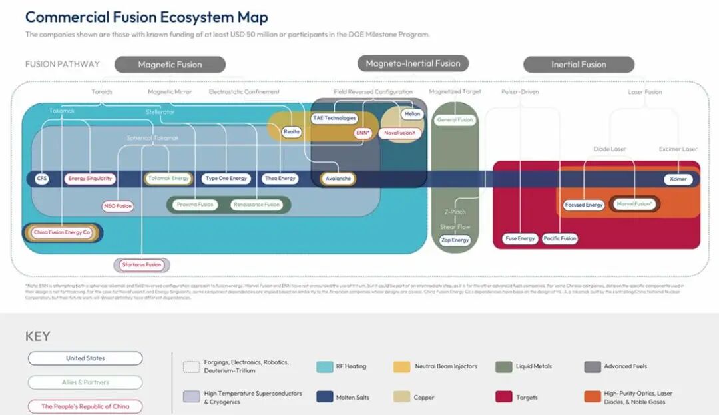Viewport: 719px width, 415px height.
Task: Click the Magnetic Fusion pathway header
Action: [x=170, y=65]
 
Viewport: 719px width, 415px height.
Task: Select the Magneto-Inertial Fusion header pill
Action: [x=413, y=63]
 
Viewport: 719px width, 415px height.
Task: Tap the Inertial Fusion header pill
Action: [x=579, y=65]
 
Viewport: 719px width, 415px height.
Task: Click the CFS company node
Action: [x=42, y=179]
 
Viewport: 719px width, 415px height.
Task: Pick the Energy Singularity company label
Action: [x=91, y=179]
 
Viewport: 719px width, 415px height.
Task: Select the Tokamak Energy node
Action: [x=168, y=179]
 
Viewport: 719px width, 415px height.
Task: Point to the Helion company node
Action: [x=413, y=115]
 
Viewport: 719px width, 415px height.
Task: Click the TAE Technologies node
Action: [x=334, y=118]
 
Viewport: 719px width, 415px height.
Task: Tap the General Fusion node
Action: [x=455, y=120]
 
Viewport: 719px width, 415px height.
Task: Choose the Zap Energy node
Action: [x=455, y=240]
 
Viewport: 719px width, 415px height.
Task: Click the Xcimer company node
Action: [x=678, y=179]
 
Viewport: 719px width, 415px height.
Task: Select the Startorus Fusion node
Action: [x=142, y=265]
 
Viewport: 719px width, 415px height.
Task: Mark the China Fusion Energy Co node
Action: [x=62, y=232]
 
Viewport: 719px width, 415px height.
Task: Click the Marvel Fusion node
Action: [x=634, y=204]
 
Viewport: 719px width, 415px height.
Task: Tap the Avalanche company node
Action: [x=338, y=179]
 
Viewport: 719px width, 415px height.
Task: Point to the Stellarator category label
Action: [x=160, y=112]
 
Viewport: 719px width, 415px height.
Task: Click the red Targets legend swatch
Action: [x=503, y=397]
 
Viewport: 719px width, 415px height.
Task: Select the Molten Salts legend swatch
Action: [x=326, y=397]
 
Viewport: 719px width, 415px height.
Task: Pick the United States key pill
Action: [x=85, y=358]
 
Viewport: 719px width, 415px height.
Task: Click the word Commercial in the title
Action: [x=65, y=17]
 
